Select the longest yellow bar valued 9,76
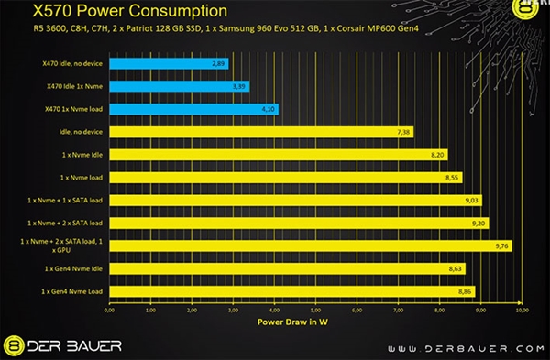click(x=311, y=245)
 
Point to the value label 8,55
click(x=452, y=178)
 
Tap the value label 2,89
click(x=217, y=65)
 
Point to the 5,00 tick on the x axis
click(x=316, y=311)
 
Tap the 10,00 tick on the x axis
click(x=522, y=311)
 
